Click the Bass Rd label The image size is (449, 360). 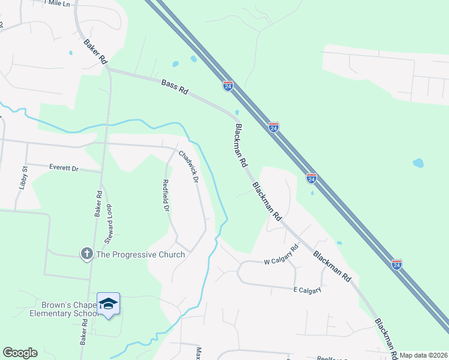coord(175,87)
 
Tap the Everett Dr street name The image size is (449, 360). coord(64,169)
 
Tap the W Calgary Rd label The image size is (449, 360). coord(281,255)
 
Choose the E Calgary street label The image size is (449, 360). coord(309,290)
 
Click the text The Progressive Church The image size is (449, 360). coord(140,254)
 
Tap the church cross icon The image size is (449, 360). coord(86,254)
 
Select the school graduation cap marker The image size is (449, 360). coord(108,304)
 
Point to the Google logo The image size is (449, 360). coord(19,353)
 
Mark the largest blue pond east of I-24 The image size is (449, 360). coord(418,163)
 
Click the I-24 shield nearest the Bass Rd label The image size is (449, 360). coord(228,86)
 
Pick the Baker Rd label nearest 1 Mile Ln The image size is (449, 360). coord(95,52)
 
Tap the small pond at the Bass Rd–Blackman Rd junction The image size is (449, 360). coord(238,112)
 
